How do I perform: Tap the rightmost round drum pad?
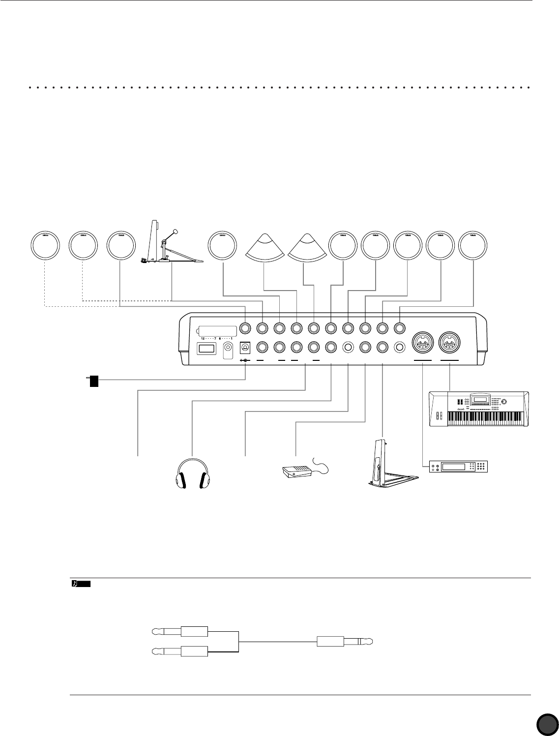[473, 245]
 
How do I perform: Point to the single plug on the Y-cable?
[344, 642]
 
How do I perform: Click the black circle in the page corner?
[547, 724]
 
